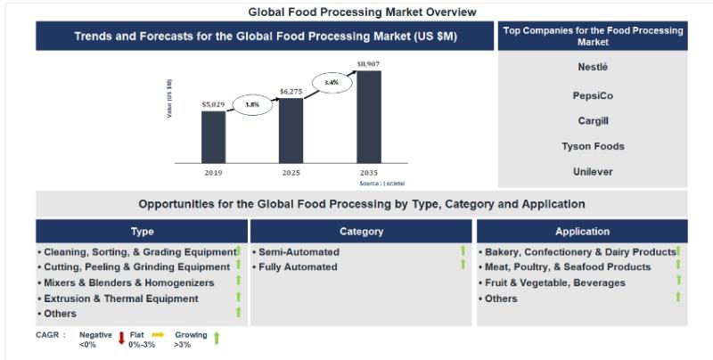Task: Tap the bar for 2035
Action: click(368, 115)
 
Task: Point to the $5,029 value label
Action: click(213, 104)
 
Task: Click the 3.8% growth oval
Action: click(252, 104)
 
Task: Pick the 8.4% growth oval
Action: click(331, 82)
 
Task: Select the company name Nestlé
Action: click(593, 67)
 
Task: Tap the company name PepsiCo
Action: click(593, 94)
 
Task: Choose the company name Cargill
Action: click(593, 120)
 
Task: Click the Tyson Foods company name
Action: click(593, 146)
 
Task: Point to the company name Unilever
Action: click(593, 171)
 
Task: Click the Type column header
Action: click(142, 232)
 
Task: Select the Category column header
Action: click(361, 232)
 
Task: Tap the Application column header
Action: click(581, 232)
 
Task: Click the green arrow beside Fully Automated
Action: click(463, 266)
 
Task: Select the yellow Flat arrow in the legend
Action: click(158, 335)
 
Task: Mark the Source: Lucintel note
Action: click(381, 182)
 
